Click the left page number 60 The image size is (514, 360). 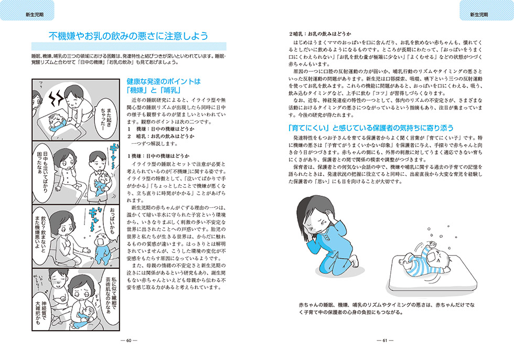(128, 340)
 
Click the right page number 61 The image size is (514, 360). (385, 340)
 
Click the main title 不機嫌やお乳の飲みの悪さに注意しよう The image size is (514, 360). (128, 36)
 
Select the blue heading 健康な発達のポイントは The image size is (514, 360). (164, 82)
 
